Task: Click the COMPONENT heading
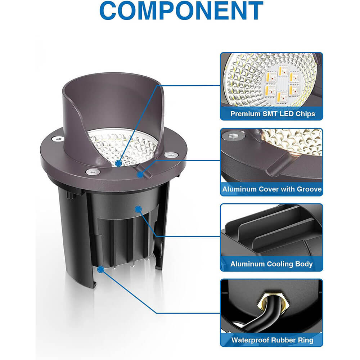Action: click(x=181, y=10)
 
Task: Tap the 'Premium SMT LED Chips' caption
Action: click(x=273, y=114)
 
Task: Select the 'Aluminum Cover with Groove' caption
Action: click(x=272, y=189)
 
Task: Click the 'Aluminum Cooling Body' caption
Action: click(x=271, y=264)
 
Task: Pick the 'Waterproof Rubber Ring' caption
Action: click(x=272, y=340)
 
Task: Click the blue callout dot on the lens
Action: click(x=118, y=163)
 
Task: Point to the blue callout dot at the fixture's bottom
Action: click(x=100, y=269)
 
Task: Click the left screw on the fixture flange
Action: click(x=57, y=139)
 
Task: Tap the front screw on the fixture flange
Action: click(x=93, y=171)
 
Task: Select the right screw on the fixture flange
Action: click(x=170, y=155)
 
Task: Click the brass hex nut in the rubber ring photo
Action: click(x=273, y=300)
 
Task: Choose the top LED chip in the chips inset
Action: click(x=283, y=71)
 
